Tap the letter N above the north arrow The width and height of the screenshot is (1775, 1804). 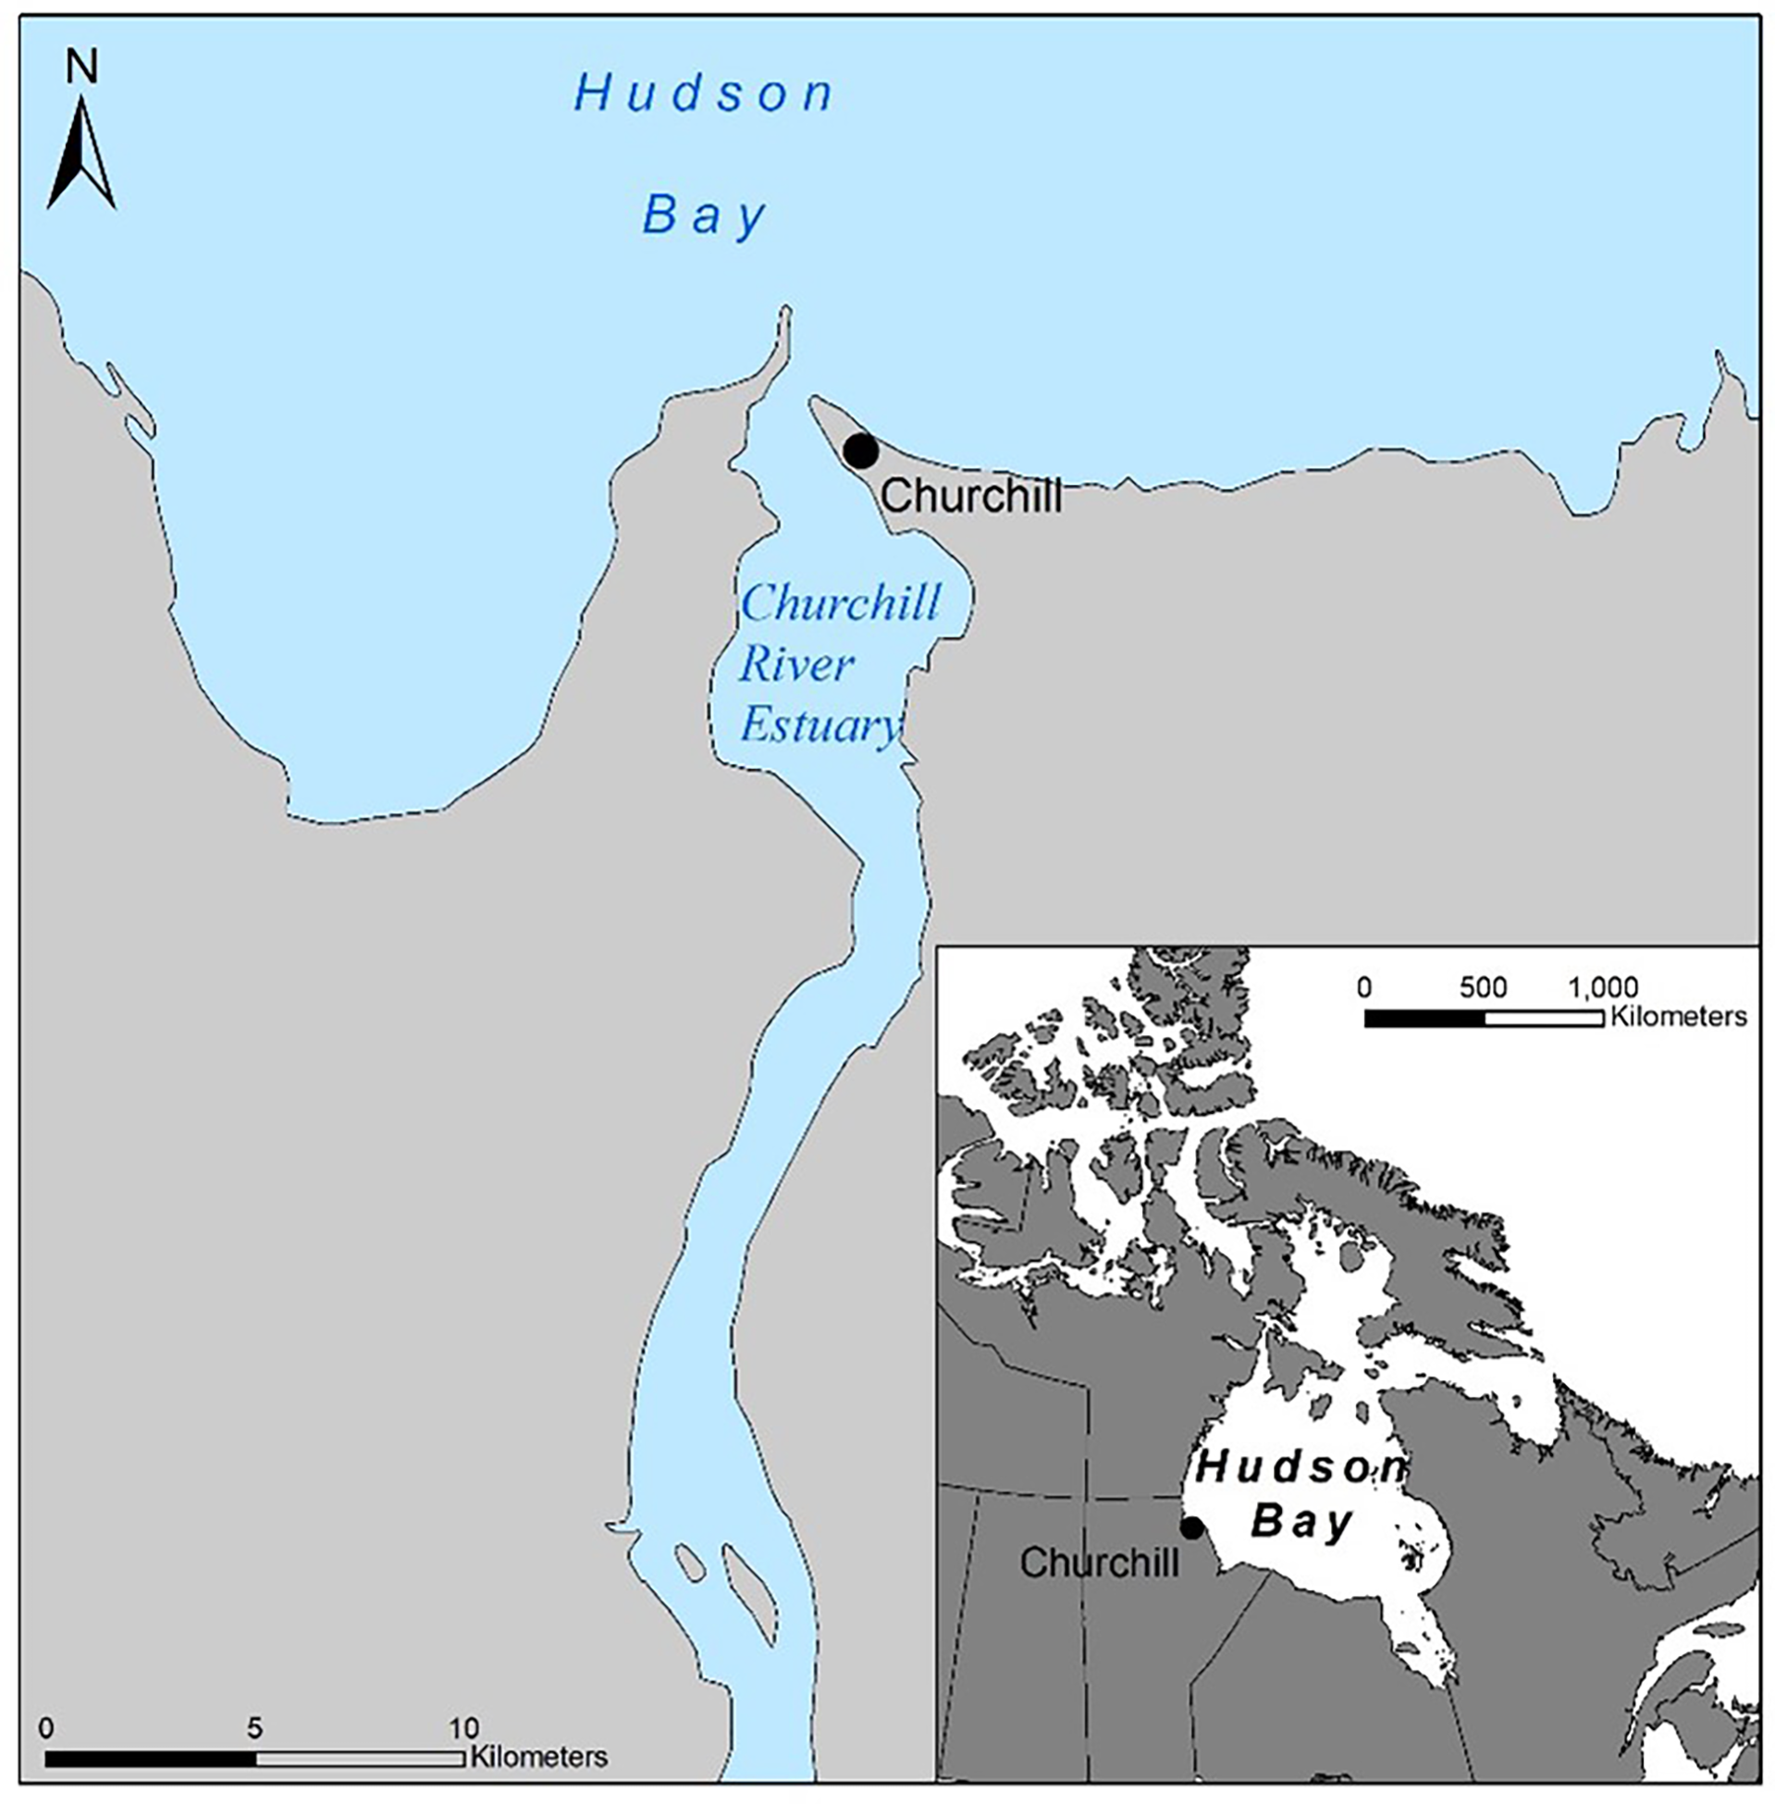[82, 67]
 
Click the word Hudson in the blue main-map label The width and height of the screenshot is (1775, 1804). [703, 94]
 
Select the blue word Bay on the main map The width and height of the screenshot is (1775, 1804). [704, 216]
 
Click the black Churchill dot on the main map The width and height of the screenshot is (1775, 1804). [860, 451]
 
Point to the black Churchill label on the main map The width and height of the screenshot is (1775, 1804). [970, 496]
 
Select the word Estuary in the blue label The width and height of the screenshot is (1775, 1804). [820, 725]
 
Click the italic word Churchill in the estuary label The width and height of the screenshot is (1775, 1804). [840, 603]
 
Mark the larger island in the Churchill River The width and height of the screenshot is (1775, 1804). [748, 1593]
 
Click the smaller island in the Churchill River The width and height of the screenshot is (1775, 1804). [690, 1561]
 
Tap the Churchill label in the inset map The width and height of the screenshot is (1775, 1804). [1099, 1563]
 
